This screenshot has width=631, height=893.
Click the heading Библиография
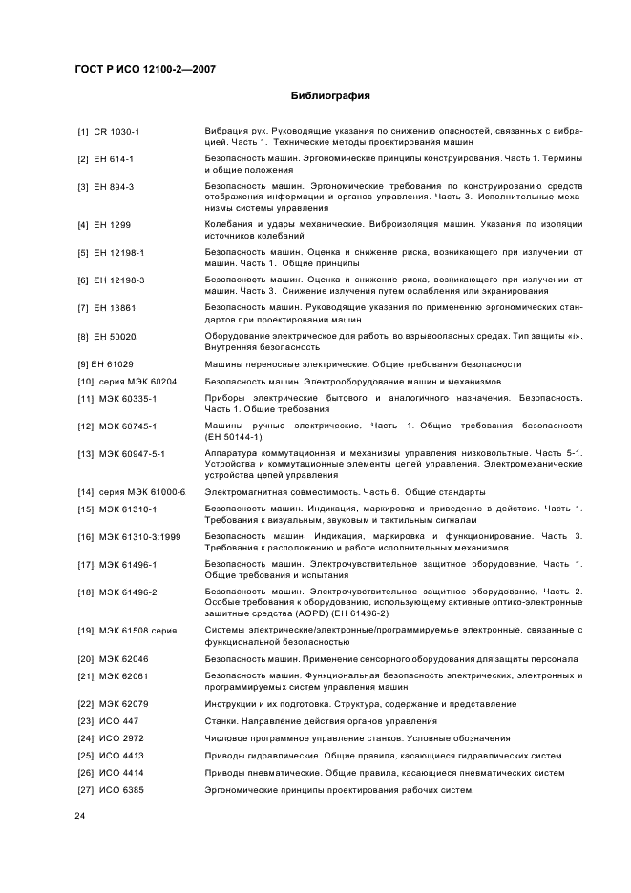(x=329, y=96)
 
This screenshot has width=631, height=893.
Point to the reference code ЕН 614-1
(x=115, y=158)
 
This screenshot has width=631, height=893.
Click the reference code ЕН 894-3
(x=115, y=186)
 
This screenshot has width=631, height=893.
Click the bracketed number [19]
(x=84, y=630)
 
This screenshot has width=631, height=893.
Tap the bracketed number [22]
(x=84, y=704)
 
